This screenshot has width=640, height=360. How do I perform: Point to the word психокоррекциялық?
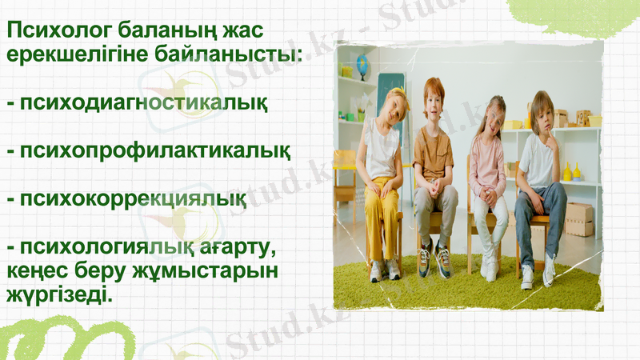pyautogui.click(x=132, y=198)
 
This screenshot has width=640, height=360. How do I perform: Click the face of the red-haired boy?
pyautogui.click(x=433, y=100)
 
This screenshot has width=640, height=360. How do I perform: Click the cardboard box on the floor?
pyautogui.click(x=578, y=218)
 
